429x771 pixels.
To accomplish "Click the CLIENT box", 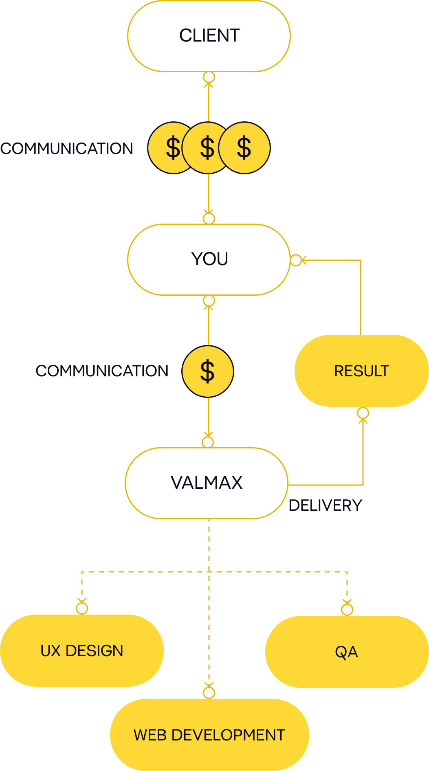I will pyautogui.click(x=209, y=36).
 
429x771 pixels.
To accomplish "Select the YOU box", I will pyautogui.click(x=209, y=259).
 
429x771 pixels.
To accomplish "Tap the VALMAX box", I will pyautogui.click(x=207, y=483).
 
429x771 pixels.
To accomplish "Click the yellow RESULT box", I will pyautogui.click(x=361, y=371).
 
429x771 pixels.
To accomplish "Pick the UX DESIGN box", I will pyautogui.click(x=82, y=650).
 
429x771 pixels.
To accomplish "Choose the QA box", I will pyautogui.click(x=347, y=652).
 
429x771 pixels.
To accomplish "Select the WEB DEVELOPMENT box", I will pyautogui.click(x=209, y=735).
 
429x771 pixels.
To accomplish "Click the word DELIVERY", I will pyautogui.click(x=325, y=505).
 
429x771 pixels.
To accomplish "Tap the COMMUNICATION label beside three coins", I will pyautogui.click(x=67, y=149).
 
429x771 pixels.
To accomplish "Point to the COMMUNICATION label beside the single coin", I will pyautogui.click(x=102, y=371).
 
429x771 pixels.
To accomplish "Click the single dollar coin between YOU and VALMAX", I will pyautogui.click(x=208, y=371).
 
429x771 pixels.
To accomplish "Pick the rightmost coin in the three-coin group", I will pyautogui.click(x=245, y=148).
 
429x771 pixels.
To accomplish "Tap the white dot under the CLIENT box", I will pyautogui.click(x=209, y=77).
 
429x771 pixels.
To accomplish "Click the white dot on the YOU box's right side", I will pyautogui.click(x=296, y=260).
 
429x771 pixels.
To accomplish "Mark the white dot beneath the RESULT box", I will pyautogui.click(x=363, y=413).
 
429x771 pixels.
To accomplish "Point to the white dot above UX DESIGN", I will pyautogui.click(x=82, y=608).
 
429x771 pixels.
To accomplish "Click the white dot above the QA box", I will pyautogui.click(x=347, y=610).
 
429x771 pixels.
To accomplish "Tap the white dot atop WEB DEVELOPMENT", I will pyautogui.click(x=209, y=692).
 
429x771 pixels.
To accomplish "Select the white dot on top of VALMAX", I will pyautogui.click(x=208, y=442).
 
